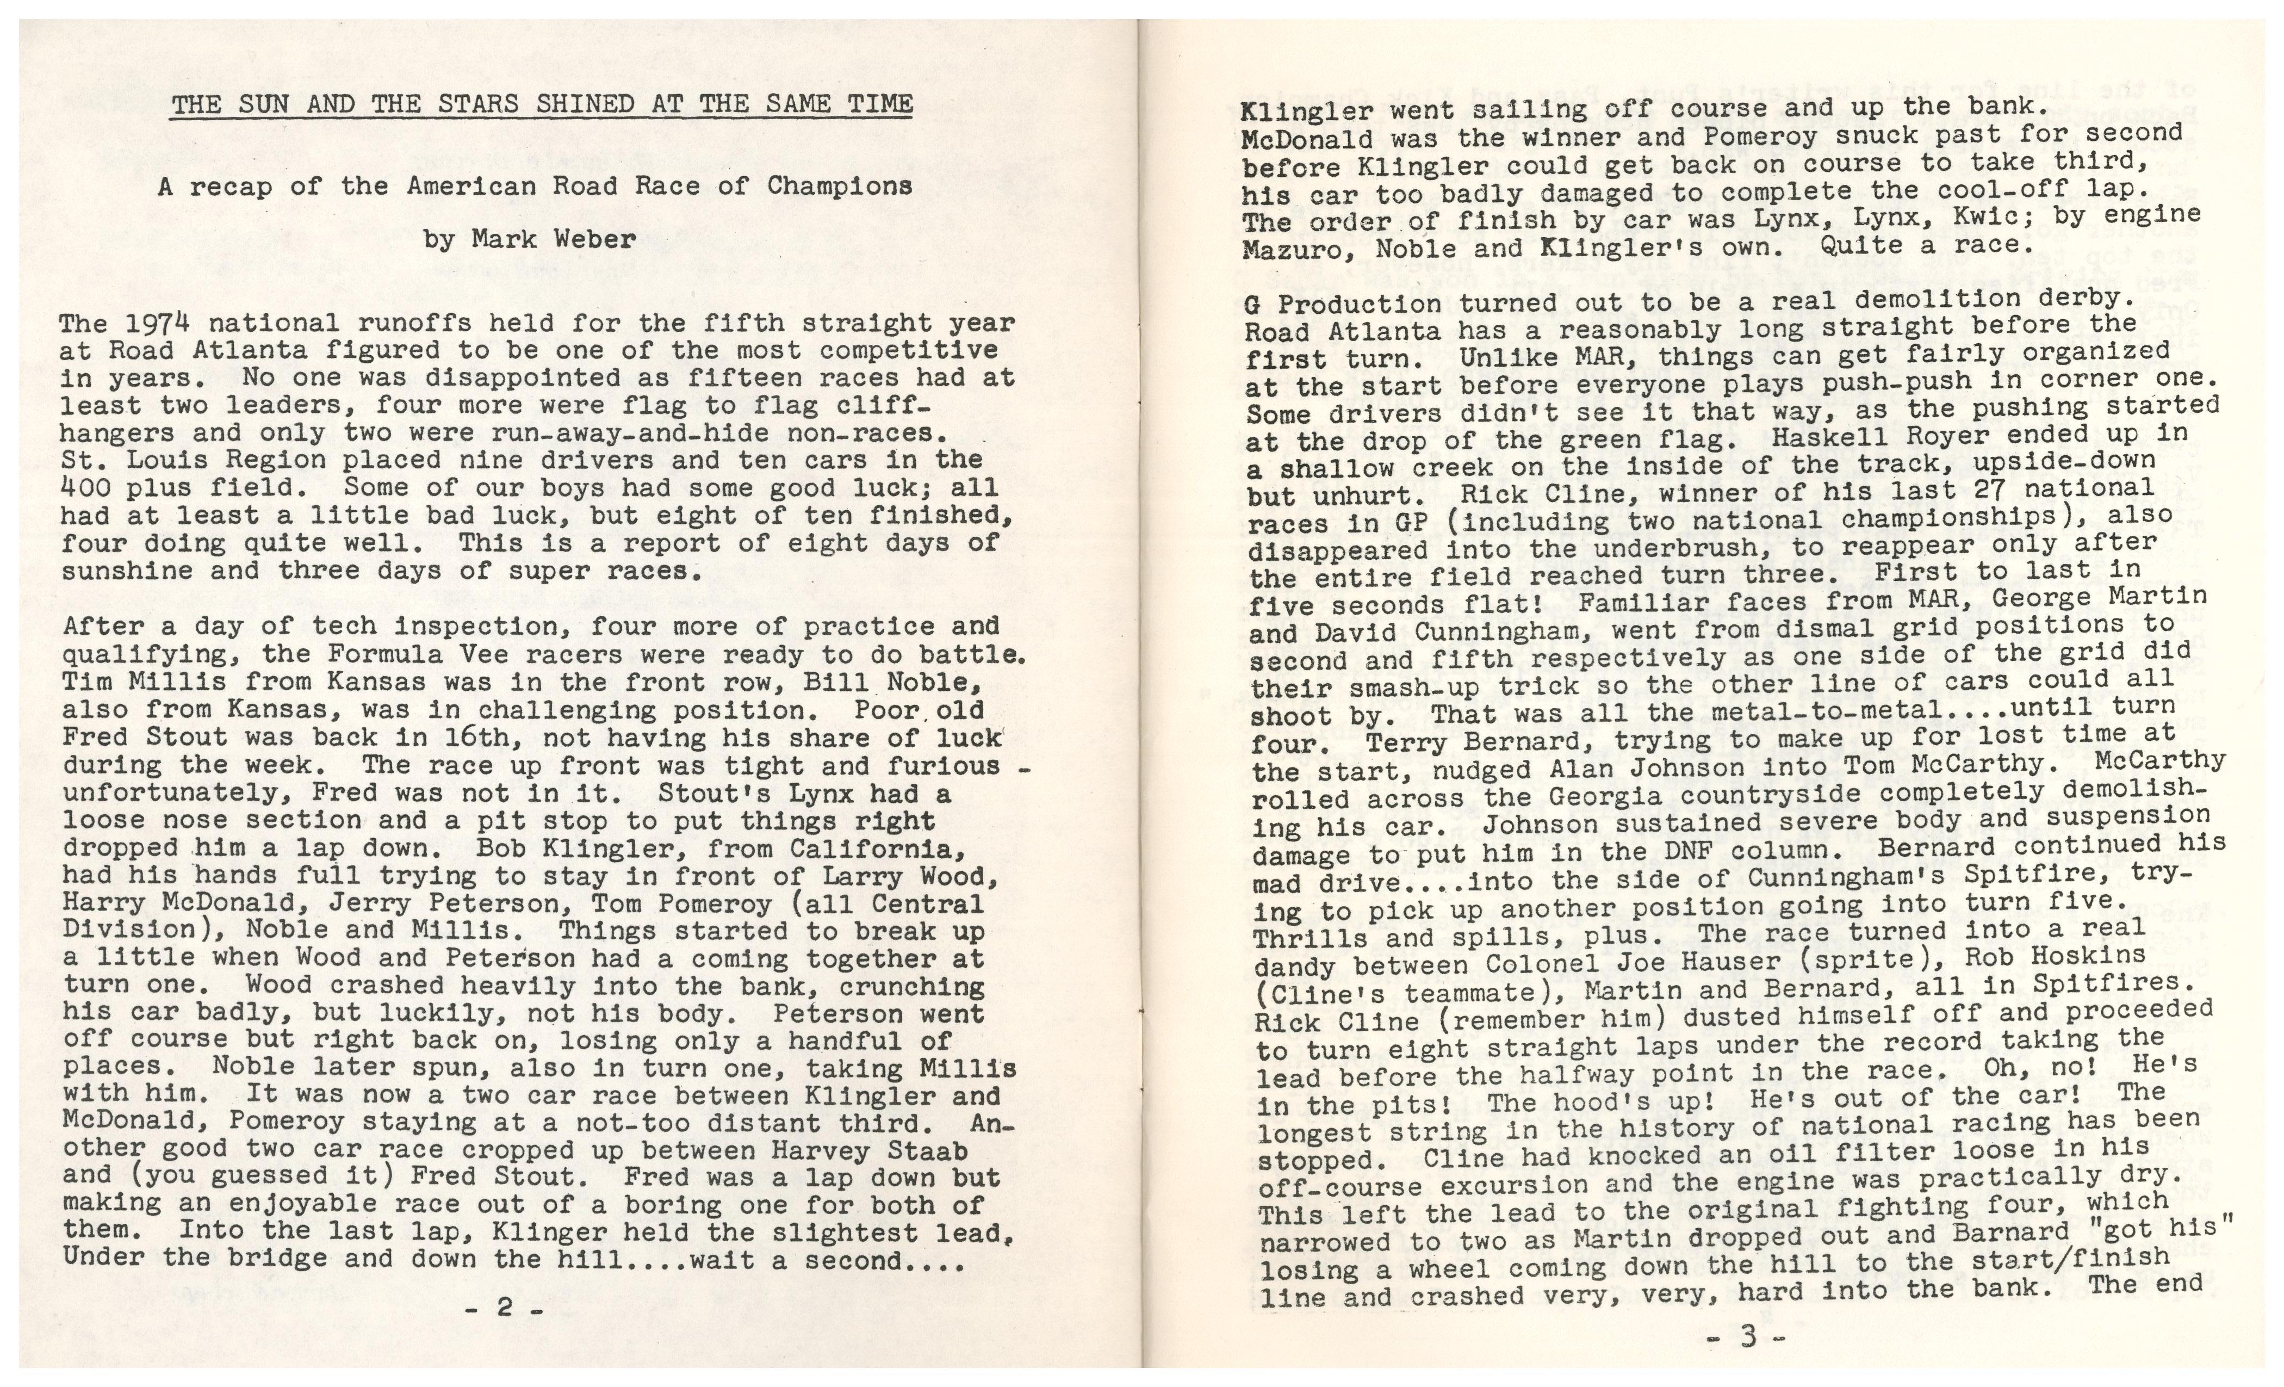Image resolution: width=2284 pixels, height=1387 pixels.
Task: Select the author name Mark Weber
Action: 554,239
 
